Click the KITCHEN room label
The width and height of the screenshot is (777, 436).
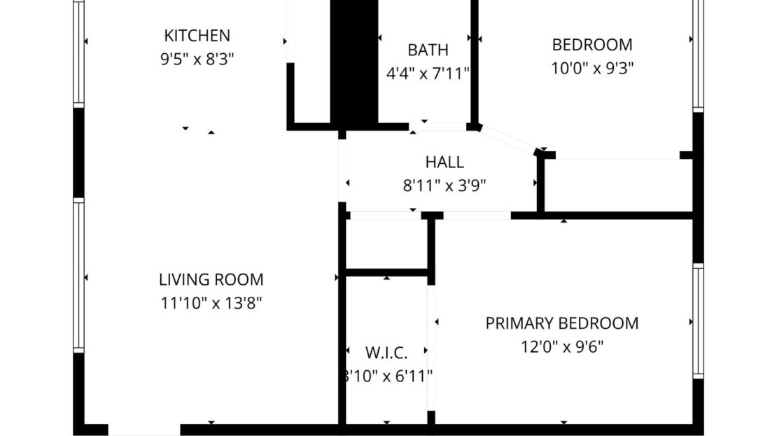pos(197,35)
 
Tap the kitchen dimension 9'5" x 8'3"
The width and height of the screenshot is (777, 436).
pos(197,59)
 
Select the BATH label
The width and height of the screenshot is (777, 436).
pos(428,50)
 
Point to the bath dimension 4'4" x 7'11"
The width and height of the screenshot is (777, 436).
pos(428,73)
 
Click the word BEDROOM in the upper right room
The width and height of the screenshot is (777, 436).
pos(591,45)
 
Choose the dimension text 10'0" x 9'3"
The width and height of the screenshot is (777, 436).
pos(591,69)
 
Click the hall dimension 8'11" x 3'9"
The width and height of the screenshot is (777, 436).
pos(444,185)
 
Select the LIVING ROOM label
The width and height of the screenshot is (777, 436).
pos(211,280)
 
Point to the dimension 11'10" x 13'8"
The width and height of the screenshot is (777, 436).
pos(211,303)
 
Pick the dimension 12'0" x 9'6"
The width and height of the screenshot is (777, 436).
pos(562,346)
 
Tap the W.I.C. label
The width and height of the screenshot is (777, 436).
pos(386,351)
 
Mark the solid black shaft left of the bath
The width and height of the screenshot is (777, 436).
pos(354,63)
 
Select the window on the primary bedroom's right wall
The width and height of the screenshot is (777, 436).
pos(698,321)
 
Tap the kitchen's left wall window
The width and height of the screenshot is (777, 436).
pos(79,52)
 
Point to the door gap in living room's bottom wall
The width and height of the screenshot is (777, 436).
pos(144,429)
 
